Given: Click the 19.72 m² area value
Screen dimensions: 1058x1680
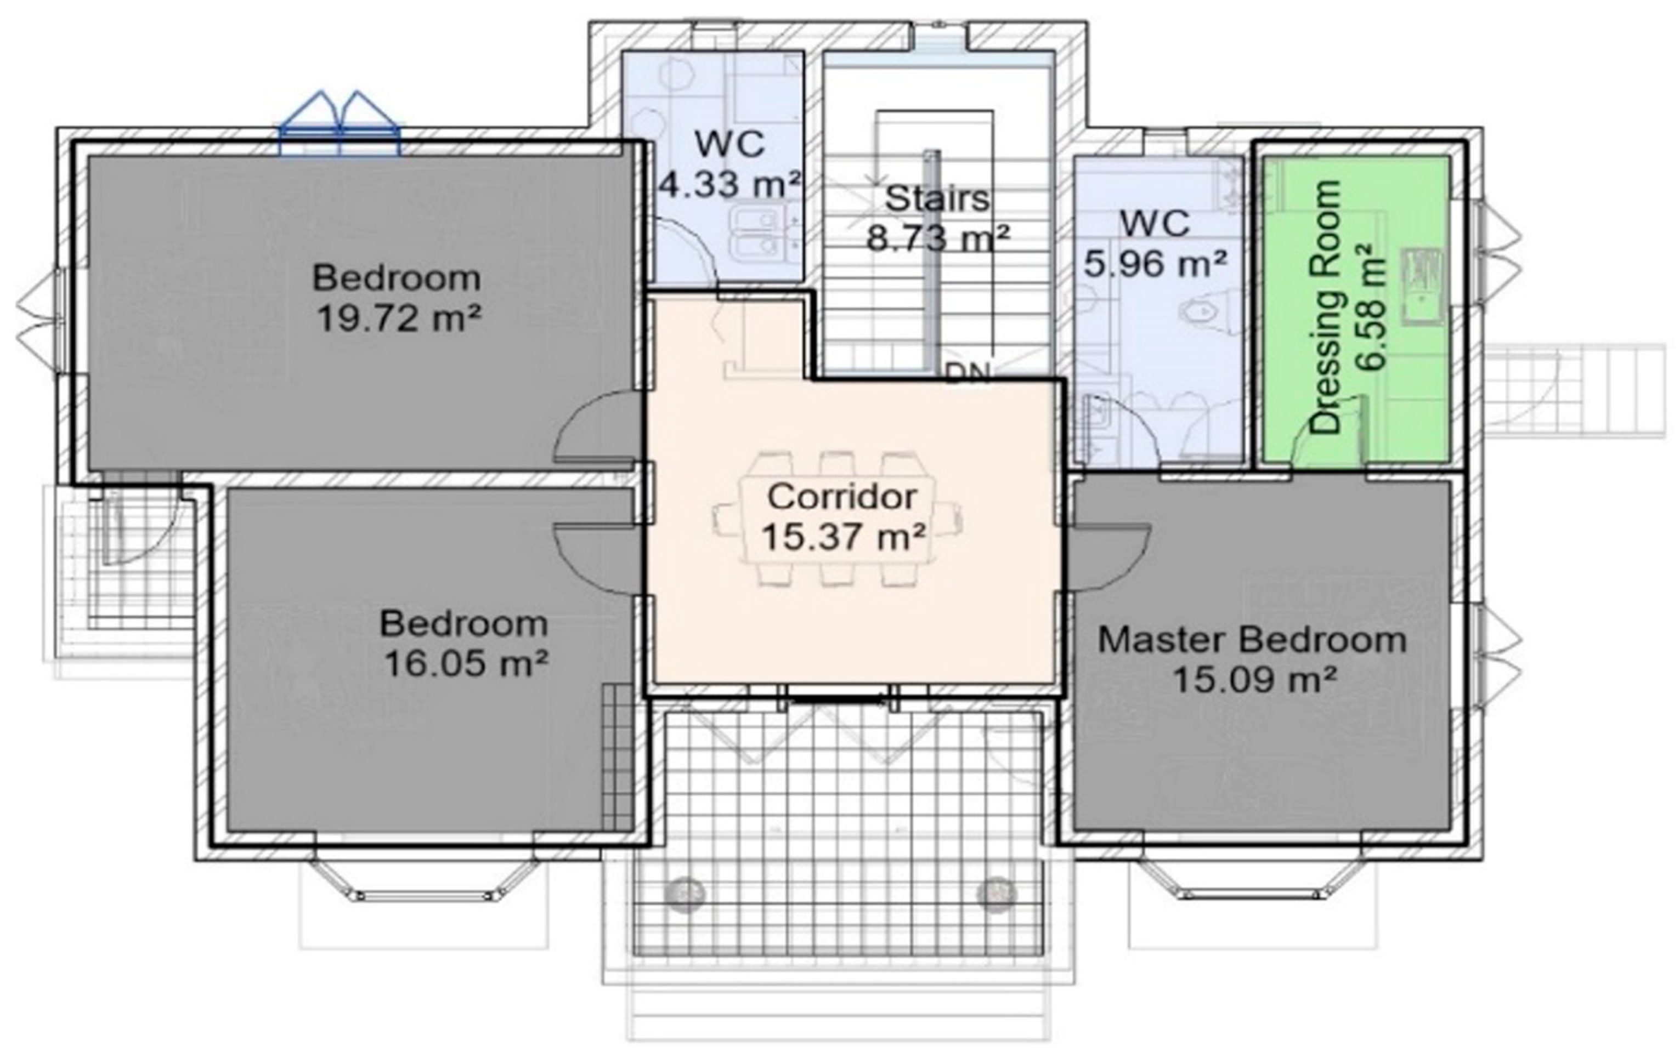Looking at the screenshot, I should [399, 318].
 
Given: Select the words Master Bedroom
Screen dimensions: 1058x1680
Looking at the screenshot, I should [1252, 640].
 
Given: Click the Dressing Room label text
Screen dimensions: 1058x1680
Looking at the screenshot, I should [1326, 307].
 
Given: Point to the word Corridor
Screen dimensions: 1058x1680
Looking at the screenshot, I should [842, 497].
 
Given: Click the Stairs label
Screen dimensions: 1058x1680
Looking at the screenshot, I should [937, 199].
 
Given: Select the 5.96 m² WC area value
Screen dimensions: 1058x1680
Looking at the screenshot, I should [1155, 264].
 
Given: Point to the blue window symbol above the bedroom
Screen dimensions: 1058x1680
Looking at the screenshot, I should [340, 126].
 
